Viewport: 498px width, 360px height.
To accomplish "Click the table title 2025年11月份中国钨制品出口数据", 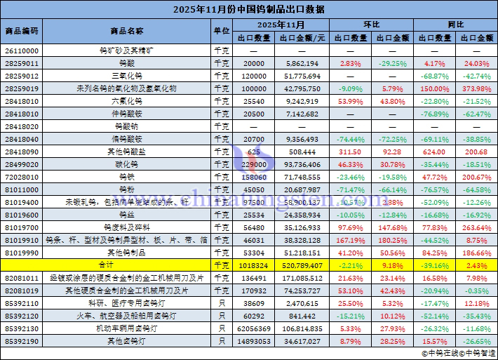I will pyautogui.click(x=248, y=9).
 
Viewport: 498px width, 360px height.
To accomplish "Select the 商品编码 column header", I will pyautogui.click(x=22, y=32).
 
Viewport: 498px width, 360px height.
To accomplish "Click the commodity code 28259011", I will pyautogui.click(x=22, y=63).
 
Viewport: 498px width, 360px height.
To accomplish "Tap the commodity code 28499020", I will pyautogui.click(x=22, y=164).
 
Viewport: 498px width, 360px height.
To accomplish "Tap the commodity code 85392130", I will pyautogui.click(x=22, y=328).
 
